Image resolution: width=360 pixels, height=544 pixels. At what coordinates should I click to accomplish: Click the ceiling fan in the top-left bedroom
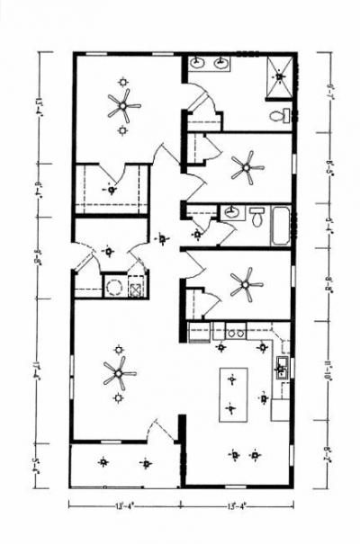123,108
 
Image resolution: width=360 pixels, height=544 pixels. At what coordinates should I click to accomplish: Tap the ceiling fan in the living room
118,372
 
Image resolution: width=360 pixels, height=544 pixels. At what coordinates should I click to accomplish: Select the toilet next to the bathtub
256,217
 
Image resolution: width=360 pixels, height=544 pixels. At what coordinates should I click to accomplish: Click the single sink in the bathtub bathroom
232,212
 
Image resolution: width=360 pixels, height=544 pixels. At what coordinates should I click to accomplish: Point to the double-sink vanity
211,63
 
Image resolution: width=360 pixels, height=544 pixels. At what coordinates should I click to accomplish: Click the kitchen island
231,394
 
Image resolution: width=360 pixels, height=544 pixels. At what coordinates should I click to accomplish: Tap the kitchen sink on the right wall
281,367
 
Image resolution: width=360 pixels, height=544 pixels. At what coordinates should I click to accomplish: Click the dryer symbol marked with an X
136,289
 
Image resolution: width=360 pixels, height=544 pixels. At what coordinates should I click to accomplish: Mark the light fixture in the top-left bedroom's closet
112,190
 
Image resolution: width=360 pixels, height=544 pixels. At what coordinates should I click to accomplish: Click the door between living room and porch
162,430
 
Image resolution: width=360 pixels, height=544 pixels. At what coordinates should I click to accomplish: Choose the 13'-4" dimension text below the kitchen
238,504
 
